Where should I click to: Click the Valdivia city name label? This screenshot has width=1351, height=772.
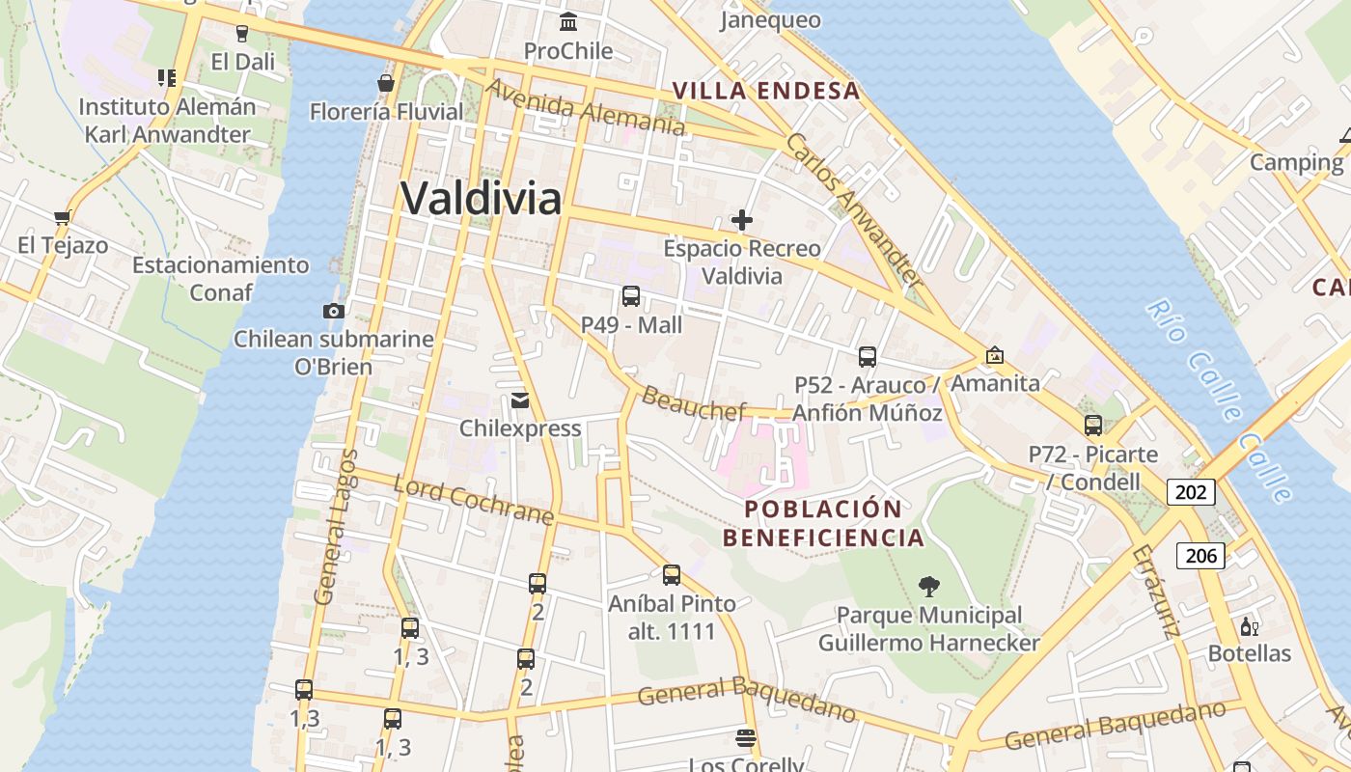(x=481, y=199)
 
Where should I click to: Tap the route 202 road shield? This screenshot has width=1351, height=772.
(x=1191, y=492)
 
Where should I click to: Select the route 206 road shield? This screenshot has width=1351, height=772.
(x=1200, y=555)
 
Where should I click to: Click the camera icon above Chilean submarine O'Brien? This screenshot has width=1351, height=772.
(x=334, y=311)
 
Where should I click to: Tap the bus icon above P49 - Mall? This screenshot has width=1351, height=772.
(x=631, y=296)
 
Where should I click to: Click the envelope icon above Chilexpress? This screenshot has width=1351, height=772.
(x=520, y=400)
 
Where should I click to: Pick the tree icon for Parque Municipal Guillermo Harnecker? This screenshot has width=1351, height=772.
(x=929, y=586)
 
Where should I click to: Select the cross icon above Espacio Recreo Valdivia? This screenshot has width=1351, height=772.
(x=741, y=220)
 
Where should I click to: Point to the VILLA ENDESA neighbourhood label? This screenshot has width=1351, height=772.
(x=765, y=91)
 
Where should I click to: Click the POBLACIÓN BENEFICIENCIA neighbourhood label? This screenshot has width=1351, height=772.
(x=823, y=523)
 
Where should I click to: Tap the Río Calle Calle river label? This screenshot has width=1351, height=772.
(x=1219, y=400)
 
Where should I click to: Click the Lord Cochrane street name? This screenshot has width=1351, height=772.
(x=474, y=500)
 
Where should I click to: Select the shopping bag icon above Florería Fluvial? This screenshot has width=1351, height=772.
(x=386, y=83)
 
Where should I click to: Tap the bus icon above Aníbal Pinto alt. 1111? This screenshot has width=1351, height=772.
(x=672, y=575)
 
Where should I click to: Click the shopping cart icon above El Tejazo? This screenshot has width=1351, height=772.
(x=63, y=217)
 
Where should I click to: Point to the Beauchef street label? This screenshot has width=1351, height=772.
(x=693, y=403)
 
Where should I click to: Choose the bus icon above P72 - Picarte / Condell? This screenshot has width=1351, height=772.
(x=1092, y=425)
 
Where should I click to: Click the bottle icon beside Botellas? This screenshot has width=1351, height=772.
(x=1249, y=626)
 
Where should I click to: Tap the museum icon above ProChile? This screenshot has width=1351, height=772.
(x=568, y=21)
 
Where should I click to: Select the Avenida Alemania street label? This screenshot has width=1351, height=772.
(x=585, y=106)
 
